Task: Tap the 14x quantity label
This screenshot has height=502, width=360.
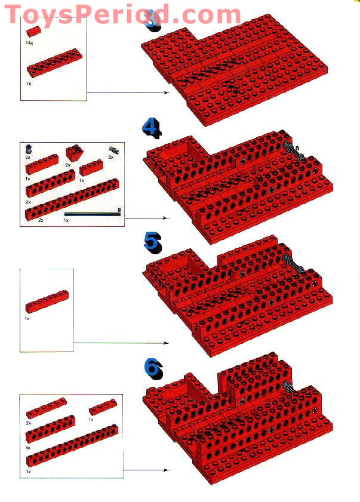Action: pyautogui.click(x=29, y=44)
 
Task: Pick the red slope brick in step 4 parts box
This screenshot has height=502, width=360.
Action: pyautogui.click(x=75, y=153)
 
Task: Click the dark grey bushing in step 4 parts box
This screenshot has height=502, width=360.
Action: pyautogui.click(x=29, y=149)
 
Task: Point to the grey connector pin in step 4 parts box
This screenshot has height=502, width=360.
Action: pyautogui.click(x=112, y=150)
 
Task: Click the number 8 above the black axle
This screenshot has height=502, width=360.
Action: pyautogui.click(x=119, y=210)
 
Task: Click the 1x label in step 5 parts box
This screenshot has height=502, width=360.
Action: pyautogui.click(x=27, y=319)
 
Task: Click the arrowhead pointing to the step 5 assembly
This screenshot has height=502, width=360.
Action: pyautogui.click(x=166, y=343)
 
